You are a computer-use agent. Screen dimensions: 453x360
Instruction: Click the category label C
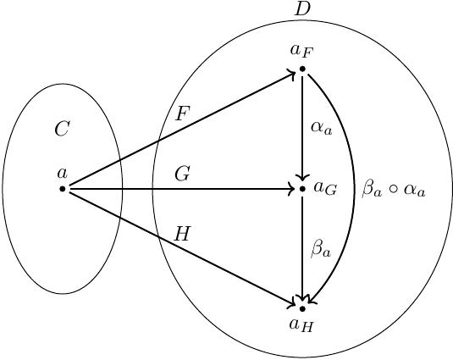tap(62, 128)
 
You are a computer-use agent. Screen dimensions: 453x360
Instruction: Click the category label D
tap(302, 9)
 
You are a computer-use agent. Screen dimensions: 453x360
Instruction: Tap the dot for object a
tap(63, 189)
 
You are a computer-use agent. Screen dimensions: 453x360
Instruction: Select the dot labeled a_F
tap(302, 69)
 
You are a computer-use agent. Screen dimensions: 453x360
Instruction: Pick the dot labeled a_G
tap(302, 189)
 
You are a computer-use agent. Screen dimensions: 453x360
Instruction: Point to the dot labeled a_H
tap(302, 309)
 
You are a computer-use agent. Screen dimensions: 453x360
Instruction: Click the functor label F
tap(182, 114)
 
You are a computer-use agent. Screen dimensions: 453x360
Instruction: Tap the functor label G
tap(182, 174)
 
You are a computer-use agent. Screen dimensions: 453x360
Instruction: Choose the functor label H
tap(183, 234)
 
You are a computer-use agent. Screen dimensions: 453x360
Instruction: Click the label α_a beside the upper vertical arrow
tap(322, 128)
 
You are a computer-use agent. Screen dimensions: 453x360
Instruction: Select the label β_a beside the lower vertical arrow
tap(321, 248)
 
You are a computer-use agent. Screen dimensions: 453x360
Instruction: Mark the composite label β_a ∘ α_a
tap(394, 189)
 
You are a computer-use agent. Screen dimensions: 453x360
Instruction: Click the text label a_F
tap(301, 51)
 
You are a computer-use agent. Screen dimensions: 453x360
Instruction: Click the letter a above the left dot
tap(62, 174)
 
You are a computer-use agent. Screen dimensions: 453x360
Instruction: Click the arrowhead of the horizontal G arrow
tap(292, 189)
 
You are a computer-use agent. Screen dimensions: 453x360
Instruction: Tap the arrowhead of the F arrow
tap(292, 74)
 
